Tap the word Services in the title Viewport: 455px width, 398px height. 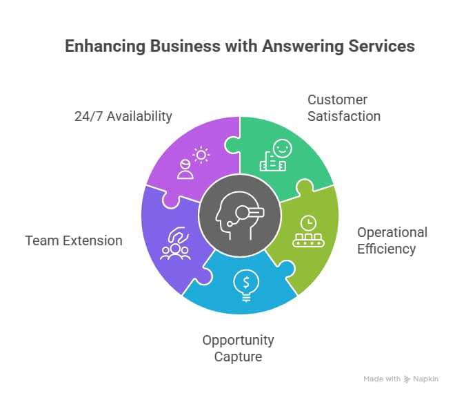[382, 46]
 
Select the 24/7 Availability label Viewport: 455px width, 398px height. [123, 116]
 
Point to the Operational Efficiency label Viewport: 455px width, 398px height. [392, 240]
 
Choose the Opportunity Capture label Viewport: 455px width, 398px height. [238, 348]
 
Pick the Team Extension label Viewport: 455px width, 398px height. [74, 241]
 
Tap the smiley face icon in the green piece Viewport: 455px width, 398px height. [281, 149]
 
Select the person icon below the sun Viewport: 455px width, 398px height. [185, 169]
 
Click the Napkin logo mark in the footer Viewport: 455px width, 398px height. [407, 379]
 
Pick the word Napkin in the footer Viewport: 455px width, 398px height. [426, 379]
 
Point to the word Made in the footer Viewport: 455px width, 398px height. [374, 379]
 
